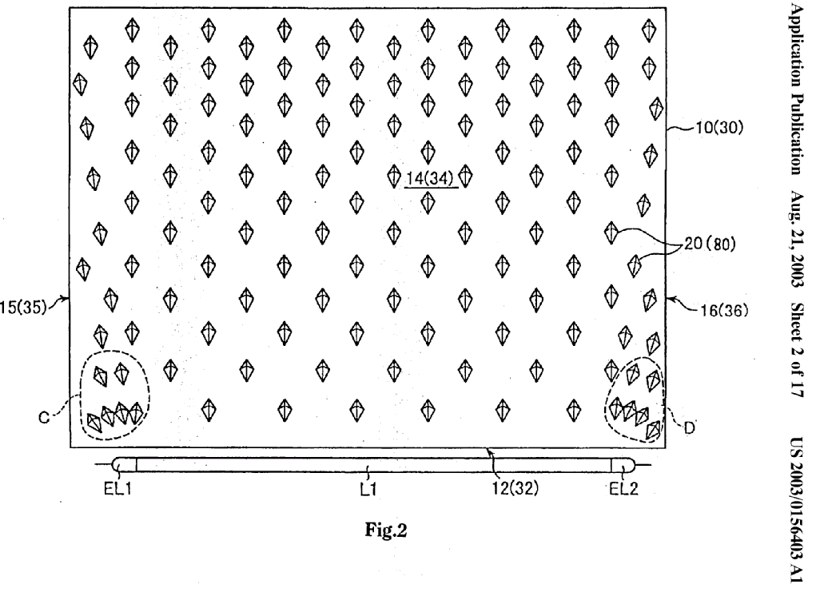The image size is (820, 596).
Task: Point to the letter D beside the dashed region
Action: pos(689,427)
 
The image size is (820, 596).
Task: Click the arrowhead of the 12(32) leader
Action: pos(491,451)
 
